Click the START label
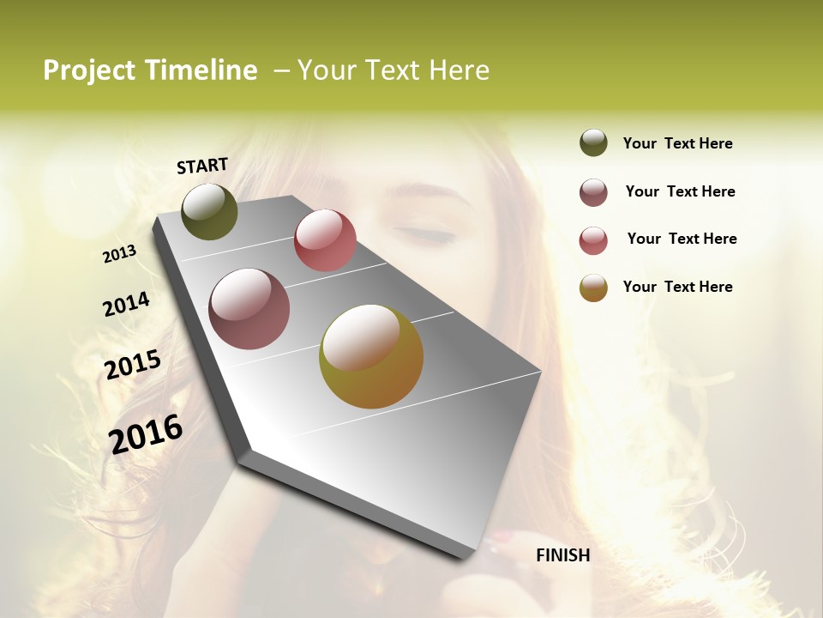(x=202, y=166)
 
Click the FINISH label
(x=562, y=555)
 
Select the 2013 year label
(x=120, y=254)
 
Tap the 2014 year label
(x=127, y=304)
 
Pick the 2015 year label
(x=133, y=365)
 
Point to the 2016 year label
(x=146, y=433)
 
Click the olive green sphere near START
(x=209, y=211)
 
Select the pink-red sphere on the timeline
(x=325, y=239)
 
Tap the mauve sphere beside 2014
(x=249, y=309)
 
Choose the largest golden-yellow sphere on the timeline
(x=371, y=356)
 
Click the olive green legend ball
(x=593, y=142)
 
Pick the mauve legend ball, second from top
(x=593, y=192)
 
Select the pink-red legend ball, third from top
(x=593, y=240)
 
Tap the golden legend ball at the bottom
(x=593, y=288)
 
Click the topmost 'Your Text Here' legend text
(x=677, y=143)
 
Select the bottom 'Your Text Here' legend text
(x=677, y=287)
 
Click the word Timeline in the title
(x=201, y=70)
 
